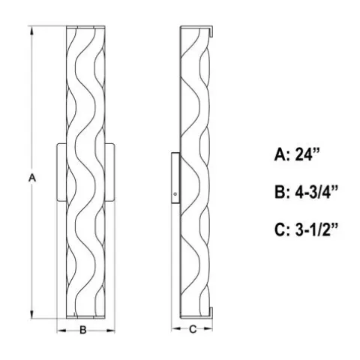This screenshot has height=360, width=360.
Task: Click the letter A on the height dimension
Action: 32,178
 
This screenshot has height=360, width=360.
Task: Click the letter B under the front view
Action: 83,330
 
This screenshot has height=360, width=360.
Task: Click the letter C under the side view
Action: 193,329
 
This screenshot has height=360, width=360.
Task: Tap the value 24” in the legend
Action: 308,154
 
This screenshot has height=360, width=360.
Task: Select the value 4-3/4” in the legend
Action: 316,192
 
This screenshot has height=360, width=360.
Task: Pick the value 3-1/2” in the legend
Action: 316,229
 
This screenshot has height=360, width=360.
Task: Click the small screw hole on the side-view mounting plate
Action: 175,193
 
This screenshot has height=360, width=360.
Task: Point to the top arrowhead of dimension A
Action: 31,31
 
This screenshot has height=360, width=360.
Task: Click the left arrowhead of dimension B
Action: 61,331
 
